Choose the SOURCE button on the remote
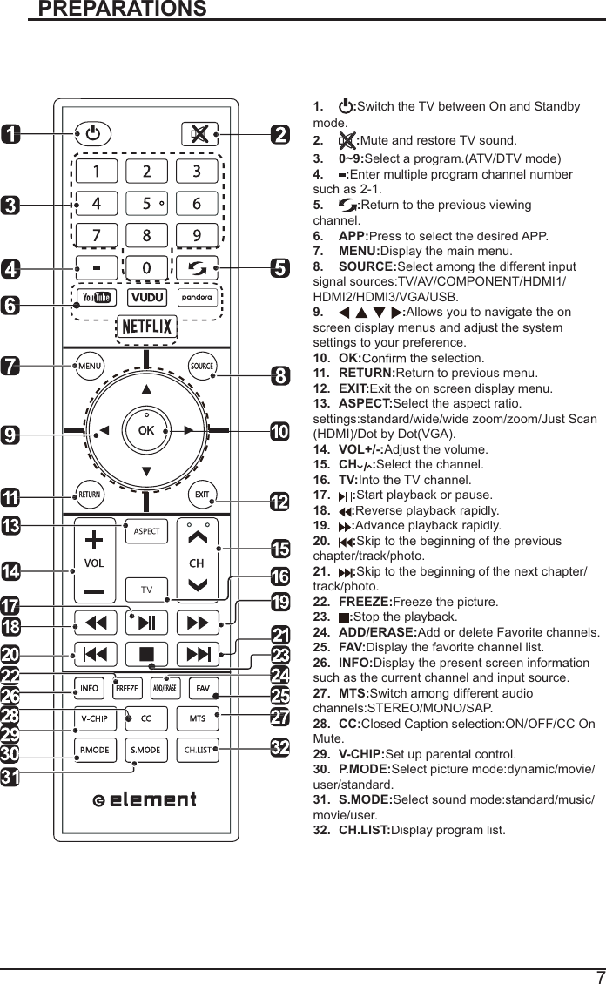[x=202, y=367]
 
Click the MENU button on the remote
[x=91, y=367]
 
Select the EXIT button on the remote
[x=202, y=495]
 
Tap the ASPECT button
[x=146, y=531]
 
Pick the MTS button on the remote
[x=198, y=718]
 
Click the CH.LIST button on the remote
[x=198, y=749]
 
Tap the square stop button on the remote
[x=146, y=653]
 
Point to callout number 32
[x=279, y=748]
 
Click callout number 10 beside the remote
[x=279, y=433]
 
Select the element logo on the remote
[x=145, y=799]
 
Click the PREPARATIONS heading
[x=123, y=10]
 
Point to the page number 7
[x=599, y=976]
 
